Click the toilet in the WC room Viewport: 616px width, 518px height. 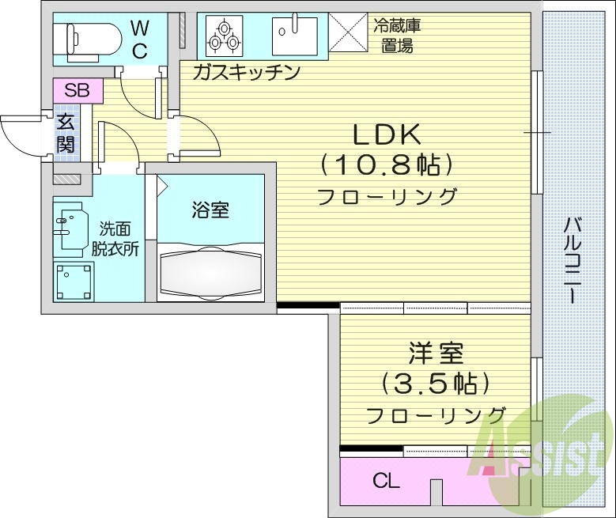[x=91, y=36]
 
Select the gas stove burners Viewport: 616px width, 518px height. [x=224, y=36]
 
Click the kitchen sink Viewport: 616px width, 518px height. [x=294, y=36]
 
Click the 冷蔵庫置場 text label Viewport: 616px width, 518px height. [x=396, y=35]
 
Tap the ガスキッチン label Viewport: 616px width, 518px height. [x=247, y=74]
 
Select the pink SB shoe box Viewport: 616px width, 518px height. [x=77, y=89]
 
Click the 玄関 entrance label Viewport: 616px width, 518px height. [x=66, y=134]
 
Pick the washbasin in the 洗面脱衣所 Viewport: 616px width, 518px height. [x=70, y=228]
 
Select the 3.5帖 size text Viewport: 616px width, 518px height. [x=436, y=384]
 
